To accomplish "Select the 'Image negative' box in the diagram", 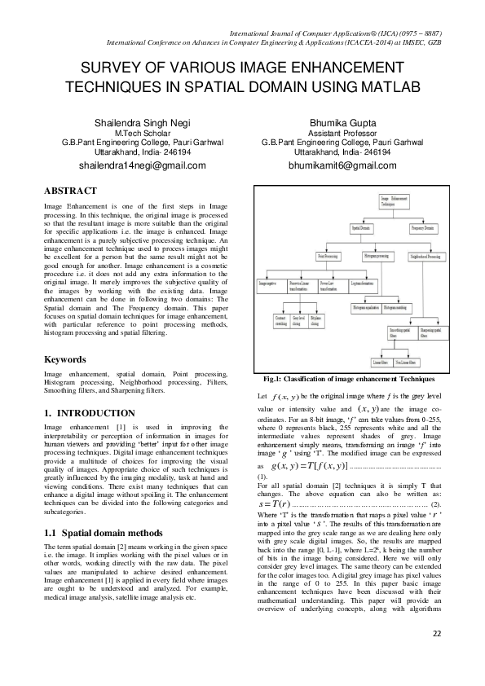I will tap(269, 284).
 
